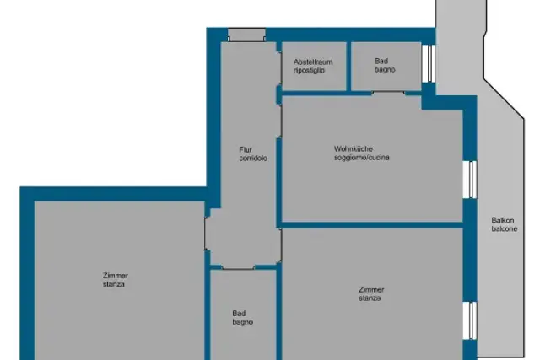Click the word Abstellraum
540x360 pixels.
[x=313, y=62]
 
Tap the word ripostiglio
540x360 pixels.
[x=309, y=70]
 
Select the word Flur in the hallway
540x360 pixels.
[x=246, y=150]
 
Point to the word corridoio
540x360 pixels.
[x=253, y=159]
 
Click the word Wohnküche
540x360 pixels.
[x=354, y=149]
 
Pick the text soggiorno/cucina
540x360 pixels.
[x=362, y=158]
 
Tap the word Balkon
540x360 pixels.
[x=503, y=220]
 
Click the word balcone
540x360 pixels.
[x=505, y=228]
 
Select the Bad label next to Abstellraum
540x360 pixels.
[x=381, y=61]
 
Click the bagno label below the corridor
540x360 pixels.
[x=243, y=322]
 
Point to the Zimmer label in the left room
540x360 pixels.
[x=116, y=276]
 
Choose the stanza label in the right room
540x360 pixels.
[x=370, y=298]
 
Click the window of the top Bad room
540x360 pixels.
[x=429, y=64]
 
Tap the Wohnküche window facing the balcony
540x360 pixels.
[x=470, y=180]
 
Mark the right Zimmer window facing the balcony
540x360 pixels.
[x=470, y=320]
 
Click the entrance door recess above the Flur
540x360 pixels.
[x=246, y=35]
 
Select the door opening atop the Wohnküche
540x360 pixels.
[x=388, y=94]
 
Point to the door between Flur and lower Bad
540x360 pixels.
[x=238, y=267]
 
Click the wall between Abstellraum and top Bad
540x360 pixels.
[x=348, y=67]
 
